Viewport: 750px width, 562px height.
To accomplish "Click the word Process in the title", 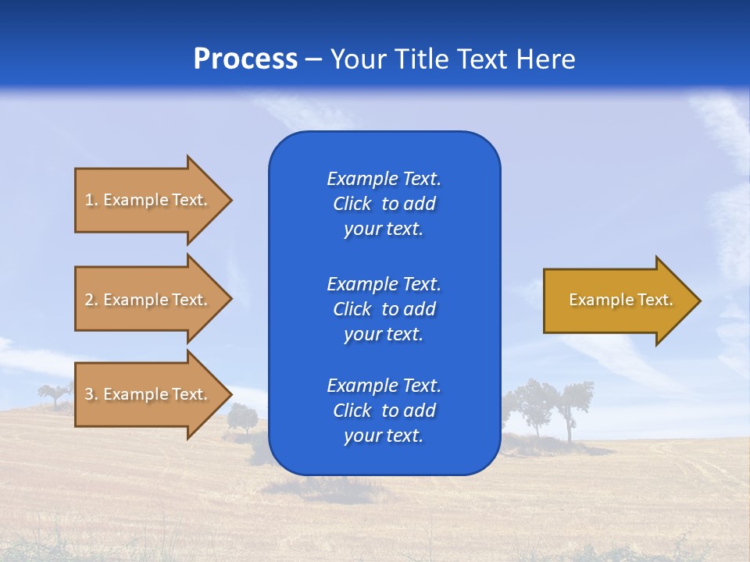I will pos(245,59).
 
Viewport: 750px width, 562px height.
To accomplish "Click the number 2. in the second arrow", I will pos(91,300).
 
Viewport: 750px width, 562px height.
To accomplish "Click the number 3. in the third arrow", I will pos(91,394).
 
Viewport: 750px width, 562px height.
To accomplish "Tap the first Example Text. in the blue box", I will pos(384,179).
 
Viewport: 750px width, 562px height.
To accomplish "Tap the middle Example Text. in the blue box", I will pos(384,283).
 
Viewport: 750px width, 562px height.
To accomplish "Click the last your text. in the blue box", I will pos(384,436).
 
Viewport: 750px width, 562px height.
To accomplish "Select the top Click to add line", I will pos(384,204).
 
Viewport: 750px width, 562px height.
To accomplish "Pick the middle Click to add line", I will pos(384,309).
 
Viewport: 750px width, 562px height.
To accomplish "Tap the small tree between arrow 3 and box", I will pos(243,418).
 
